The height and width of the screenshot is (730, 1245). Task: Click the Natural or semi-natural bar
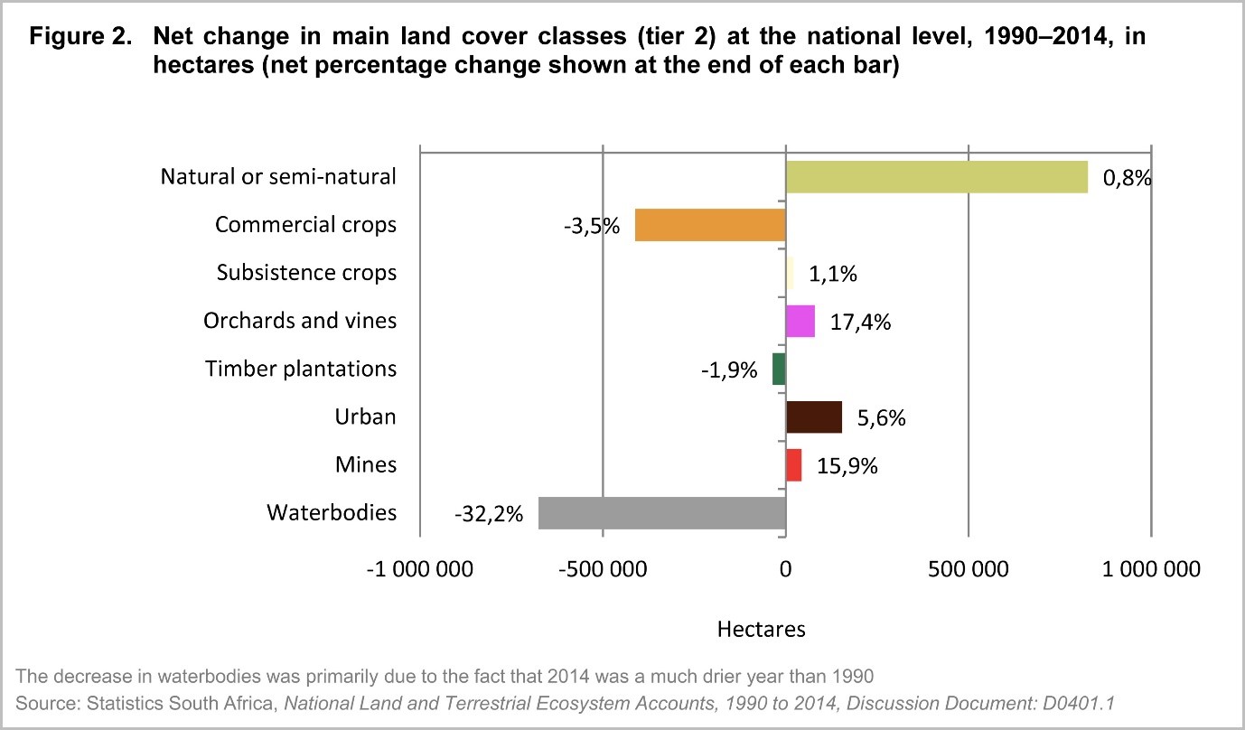[x=936, y=177]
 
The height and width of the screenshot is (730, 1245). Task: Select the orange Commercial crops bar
[x=710, y=225]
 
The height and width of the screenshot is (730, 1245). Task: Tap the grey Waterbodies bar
[x=662, y=513]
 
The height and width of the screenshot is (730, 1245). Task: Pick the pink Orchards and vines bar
[x=800, y=321]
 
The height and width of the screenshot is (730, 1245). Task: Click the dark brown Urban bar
[x=814, y=417]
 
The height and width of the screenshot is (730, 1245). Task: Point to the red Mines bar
[x=793, y=465]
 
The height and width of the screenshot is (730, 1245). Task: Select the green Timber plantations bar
[x=779, y=370]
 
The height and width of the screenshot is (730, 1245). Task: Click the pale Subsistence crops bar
[x=790, y=273]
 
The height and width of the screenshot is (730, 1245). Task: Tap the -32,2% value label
[x=489, y=514]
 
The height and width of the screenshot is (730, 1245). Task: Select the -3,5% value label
[x=592, y=226]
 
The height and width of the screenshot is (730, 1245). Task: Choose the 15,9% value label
[x=847, y=466]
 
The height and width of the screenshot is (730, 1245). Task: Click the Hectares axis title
[x=761, y=629]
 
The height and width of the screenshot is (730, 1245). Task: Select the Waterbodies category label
[x=332, y=513]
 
